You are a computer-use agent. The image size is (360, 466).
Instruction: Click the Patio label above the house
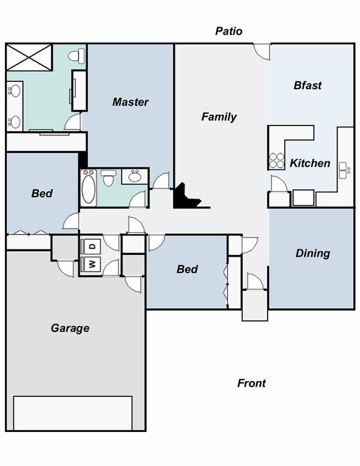[x=228, y=31]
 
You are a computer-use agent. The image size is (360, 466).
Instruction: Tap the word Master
[x=130, y=102]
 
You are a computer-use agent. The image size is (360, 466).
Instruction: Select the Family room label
[x=219, y=116]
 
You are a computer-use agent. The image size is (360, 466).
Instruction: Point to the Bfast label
[x=307, y=86]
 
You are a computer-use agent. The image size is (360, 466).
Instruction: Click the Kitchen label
[x=310, y=163]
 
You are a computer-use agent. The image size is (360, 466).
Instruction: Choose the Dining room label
[x=313, y=253]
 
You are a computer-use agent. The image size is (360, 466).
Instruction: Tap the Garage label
[x=70, y=328]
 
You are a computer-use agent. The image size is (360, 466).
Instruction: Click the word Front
[x=251, y=383]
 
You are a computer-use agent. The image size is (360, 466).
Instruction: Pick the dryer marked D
[x=92, y=246]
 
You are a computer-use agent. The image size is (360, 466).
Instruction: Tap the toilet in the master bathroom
[x=76, y=56]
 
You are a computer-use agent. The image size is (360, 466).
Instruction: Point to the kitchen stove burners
[x=276, y=160]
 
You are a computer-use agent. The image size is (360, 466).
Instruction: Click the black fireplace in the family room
[x=185, y=198]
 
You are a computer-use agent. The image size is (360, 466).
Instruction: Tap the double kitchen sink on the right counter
[x=343, y=171]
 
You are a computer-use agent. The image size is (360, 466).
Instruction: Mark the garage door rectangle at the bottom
[x=73, y=413]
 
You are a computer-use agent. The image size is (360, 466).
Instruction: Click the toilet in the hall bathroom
[x=109, y=178]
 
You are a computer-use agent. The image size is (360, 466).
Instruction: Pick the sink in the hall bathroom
[x=134, y=177]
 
